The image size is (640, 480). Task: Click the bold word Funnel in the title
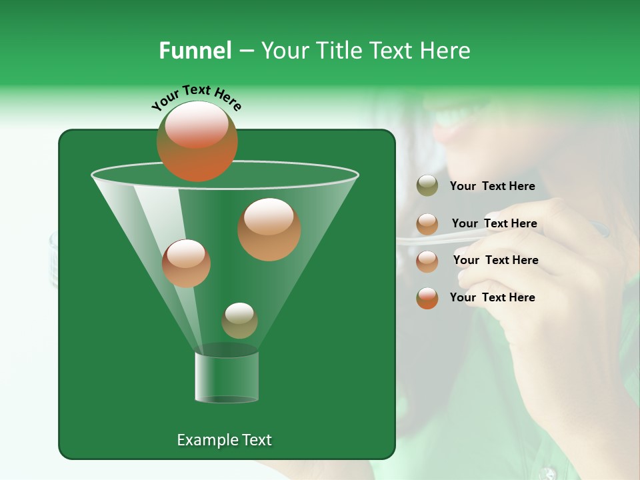click(x=195, y=51)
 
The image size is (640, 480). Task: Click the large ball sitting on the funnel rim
click(x=197, y=141)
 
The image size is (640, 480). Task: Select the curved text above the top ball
click(x=196, y=97)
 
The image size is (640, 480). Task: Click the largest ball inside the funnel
click(x=269, y=229)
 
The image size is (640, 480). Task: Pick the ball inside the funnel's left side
click(x=186, y=263)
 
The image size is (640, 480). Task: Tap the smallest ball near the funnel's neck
click(x=239, y=321)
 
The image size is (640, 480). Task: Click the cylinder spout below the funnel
click(x=227, y=377)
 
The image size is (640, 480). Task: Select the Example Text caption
click(x=224, y=440)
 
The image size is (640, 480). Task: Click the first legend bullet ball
click(x=427, y=186)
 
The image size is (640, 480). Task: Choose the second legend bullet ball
click(x=427, y=224)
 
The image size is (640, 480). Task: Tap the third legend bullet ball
click(x=427, y=261)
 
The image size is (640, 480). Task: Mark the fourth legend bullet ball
click(x=427, y=298)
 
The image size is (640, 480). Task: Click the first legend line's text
click(x=492, y=187)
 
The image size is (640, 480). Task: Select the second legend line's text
click(x=494, y=224)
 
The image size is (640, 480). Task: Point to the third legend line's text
click(x=495, y=261)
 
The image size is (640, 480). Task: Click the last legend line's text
click(x=492, y=298)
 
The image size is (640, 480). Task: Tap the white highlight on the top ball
click(x=196, y=125)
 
